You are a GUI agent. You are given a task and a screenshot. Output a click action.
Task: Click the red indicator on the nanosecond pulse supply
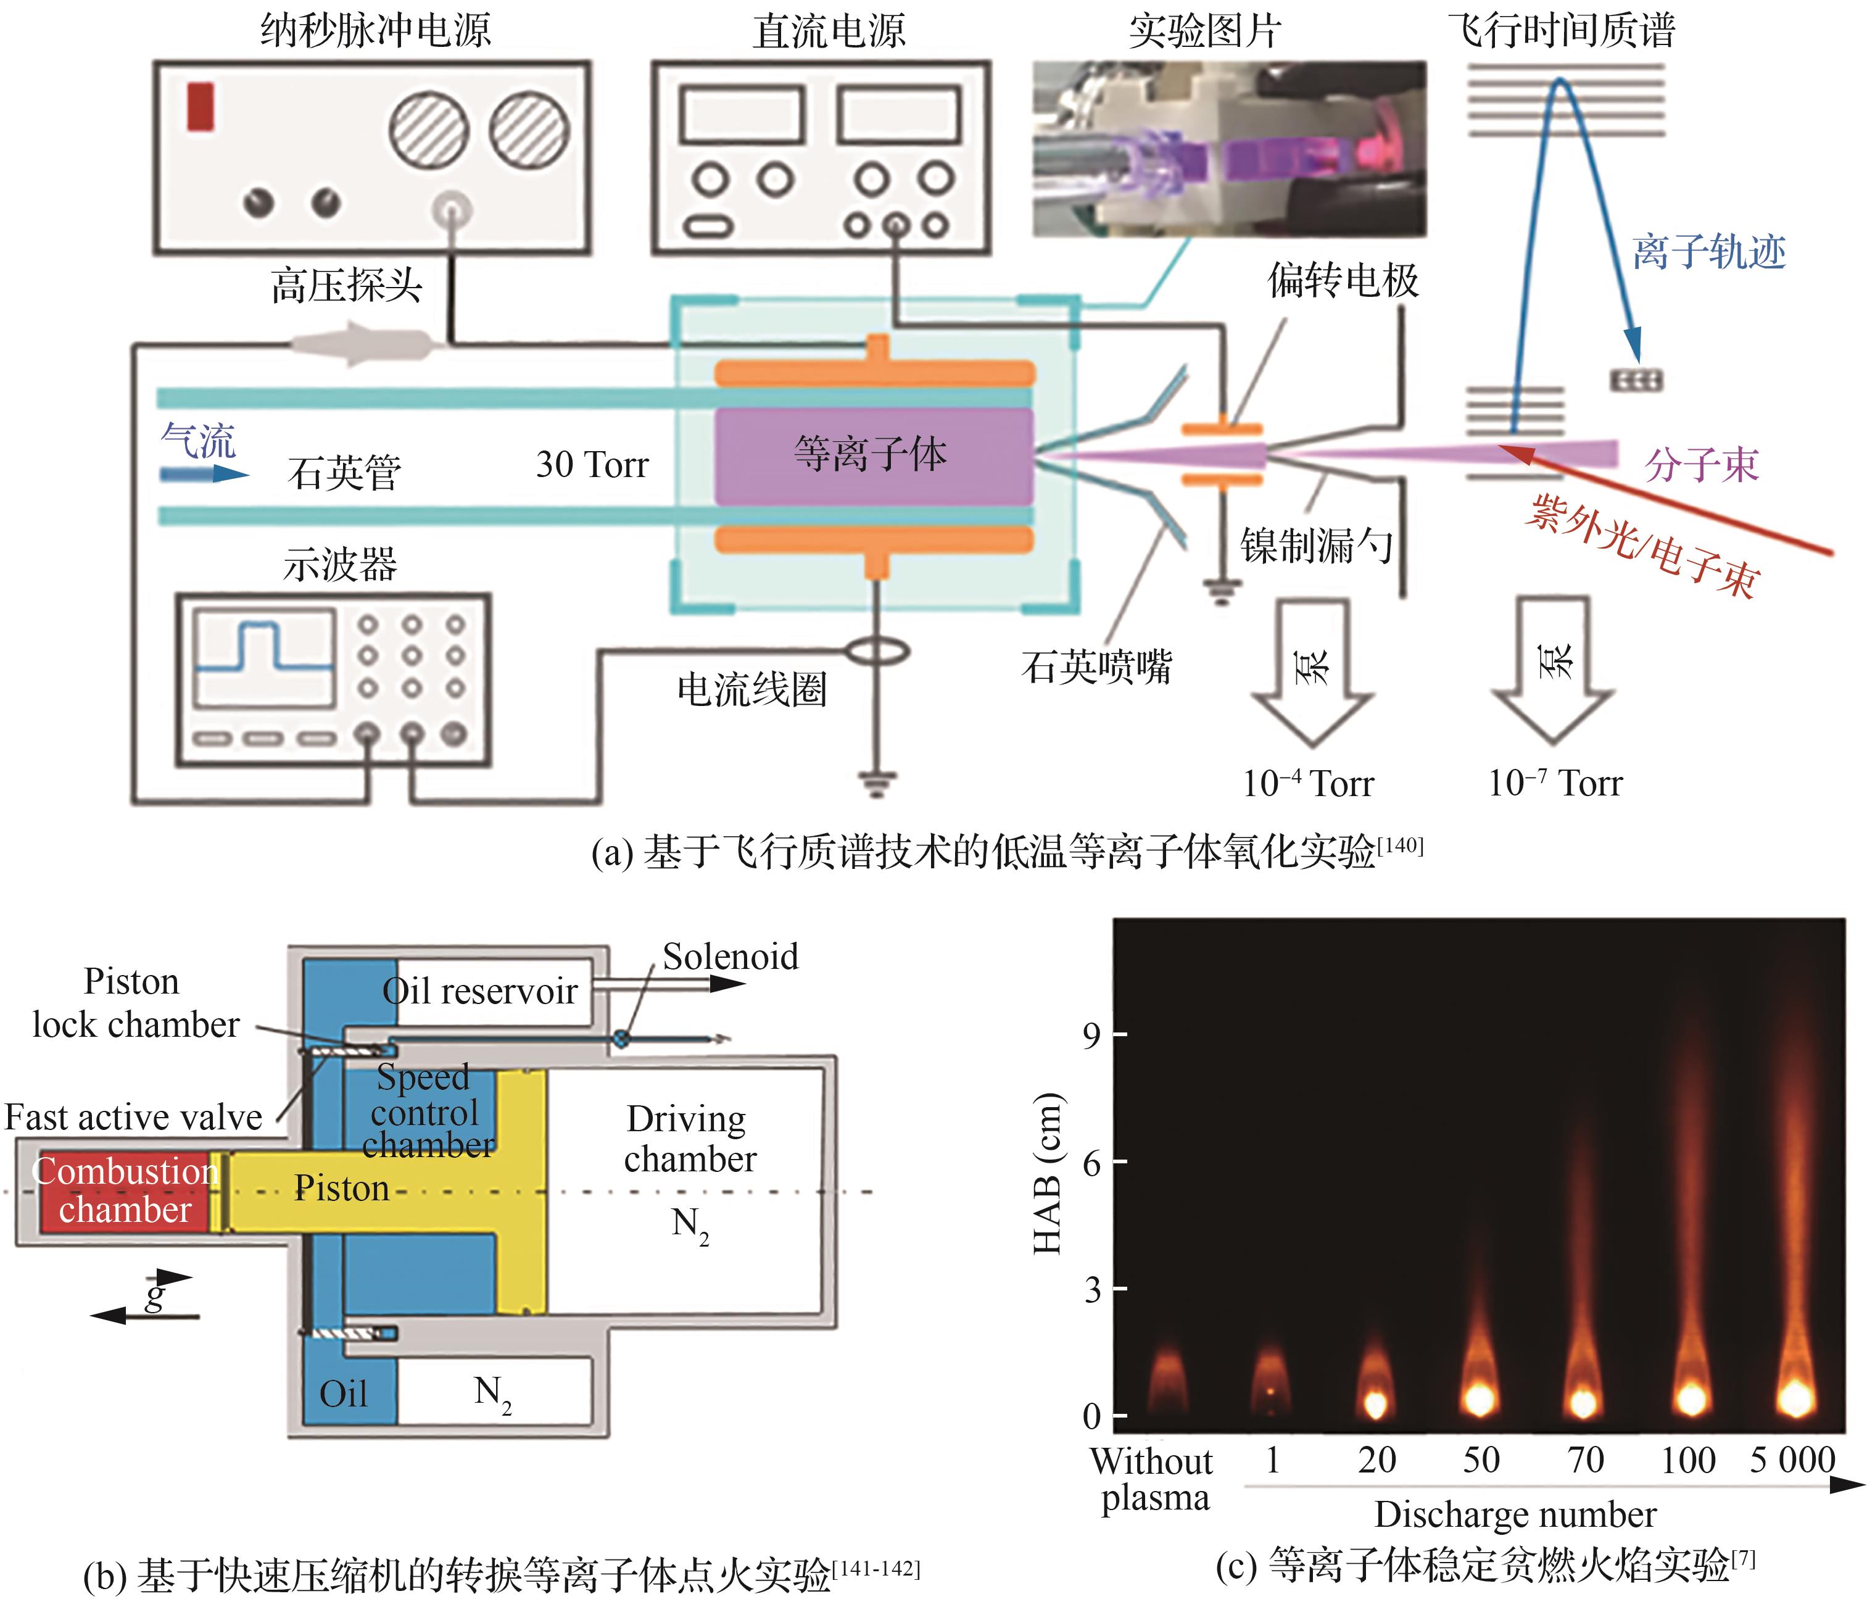(x=200, y=106)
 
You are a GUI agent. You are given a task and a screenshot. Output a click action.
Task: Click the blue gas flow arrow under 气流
(x=203, y=473)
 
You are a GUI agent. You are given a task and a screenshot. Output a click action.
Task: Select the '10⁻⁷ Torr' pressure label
(x=1555, y=782)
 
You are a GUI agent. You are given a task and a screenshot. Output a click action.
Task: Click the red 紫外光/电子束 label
(x=1642, y=547)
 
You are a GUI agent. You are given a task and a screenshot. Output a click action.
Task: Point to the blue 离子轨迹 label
(x=1708, y=252)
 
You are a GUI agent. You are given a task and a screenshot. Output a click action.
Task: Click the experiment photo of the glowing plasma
(x=1229, y=149)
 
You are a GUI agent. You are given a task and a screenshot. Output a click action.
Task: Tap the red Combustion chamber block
(x=125, y=1191)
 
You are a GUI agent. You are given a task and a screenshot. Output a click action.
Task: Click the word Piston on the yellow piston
(x=341, y=1188)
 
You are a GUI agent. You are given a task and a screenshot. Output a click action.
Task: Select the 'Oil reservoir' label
(x=479, y=992)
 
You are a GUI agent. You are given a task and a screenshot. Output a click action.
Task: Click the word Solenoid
(x=731, y=957)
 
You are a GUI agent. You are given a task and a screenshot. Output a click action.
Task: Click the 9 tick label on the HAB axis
(x=1091, y=1034)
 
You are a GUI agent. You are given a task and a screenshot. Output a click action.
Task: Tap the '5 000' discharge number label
(x=1792, y=1460)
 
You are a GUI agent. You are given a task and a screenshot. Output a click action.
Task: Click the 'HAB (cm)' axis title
(x=1048, y=1174)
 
